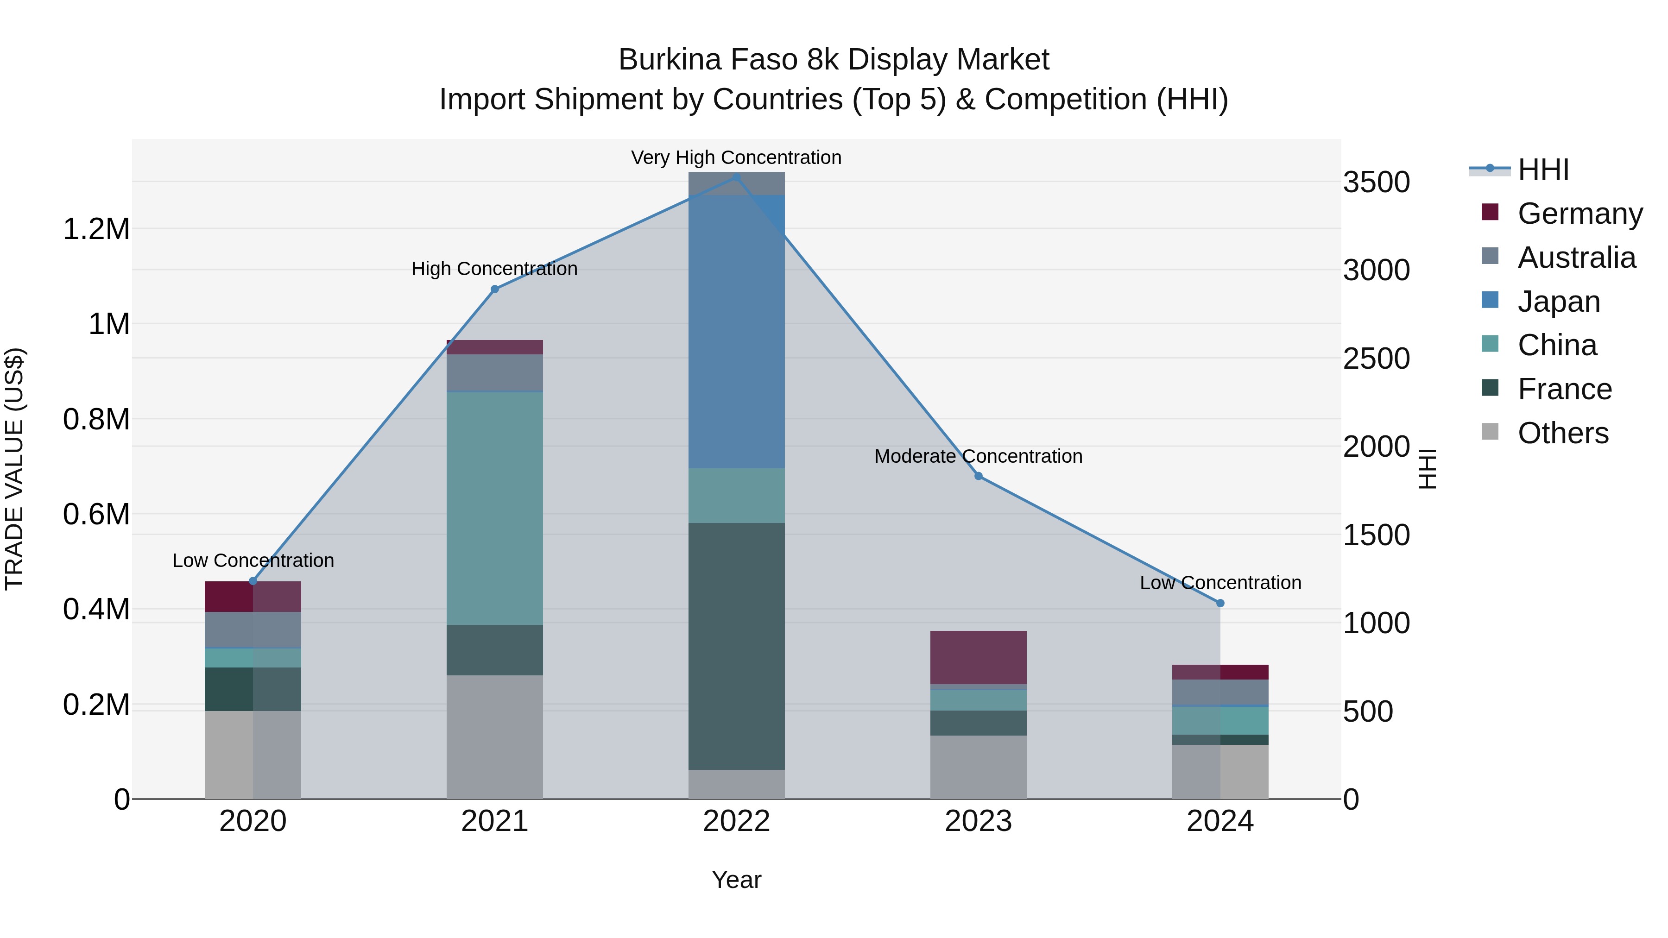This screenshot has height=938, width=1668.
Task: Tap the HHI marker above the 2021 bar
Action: point(495,290)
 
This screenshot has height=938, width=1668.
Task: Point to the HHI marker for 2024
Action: point(1220,603)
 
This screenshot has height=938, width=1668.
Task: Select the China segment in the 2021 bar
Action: point(495,508)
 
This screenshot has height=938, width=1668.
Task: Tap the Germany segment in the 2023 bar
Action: point(979,657)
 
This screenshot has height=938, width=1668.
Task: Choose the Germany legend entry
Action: point(1580,214)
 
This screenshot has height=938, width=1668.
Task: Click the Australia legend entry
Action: point(1576,258)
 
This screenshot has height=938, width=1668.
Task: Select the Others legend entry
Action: point(1562,433)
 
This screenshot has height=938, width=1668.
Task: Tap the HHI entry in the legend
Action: point(1543,170)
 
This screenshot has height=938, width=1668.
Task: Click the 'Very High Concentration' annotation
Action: point(736,157)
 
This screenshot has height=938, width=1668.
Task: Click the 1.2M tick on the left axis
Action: point(96,229)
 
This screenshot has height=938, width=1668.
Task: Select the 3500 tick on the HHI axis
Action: point(1376,182)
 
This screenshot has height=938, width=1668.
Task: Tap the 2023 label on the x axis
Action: point(979,821)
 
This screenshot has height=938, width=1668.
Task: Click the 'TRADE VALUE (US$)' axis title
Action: point(14,469)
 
